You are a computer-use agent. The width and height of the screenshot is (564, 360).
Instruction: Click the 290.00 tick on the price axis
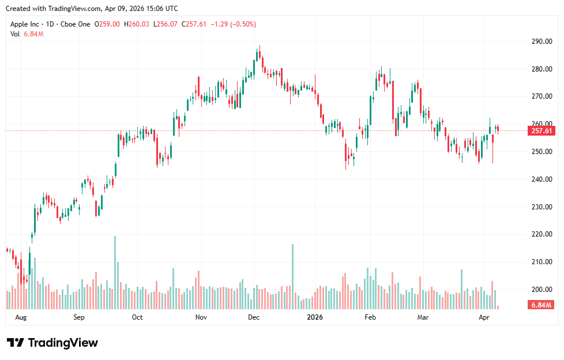click(542, 42)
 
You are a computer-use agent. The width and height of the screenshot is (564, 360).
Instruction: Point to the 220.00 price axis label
click(542, 234)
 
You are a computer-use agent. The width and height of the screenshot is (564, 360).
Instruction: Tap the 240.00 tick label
click(542, 179)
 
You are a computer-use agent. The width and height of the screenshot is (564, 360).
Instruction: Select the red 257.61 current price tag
click(542, 131)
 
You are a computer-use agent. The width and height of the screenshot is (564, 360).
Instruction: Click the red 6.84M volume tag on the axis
click(542, 305)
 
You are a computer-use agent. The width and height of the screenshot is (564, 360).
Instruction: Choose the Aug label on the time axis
click(21, 317)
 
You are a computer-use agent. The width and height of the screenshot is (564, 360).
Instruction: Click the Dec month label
click(254, 317)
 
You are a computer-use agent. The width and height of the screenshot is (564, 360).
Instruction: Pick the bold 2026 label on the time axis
click(315, 317)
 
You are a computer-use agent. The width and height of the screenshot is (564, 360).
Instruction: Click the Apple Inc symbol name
click(26, 24)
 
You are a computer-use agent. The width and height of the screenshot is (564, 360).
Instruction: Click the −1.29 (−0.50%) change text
click(233, 24)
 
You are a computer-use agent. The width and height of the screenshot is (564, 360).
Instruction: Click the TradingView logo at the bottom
click(52, 343)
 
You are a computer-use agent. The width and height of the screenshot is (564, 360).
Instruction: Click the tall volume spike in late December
click(293, 277)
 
